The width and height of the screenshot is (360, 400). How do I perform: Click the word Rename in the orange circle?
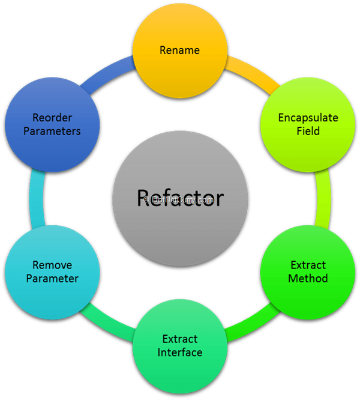(x=179, y=50)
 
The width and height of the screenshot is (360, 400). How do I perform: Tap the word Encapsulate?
(x=308, y=118)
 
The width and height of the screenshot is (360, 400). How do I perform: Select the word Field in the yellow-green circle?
(x=308, y=131)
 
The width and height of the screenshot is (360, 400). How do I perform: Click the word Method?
(x=308, y=278)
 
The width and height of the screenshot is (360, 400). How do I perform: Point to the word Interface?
(x=179, y=352)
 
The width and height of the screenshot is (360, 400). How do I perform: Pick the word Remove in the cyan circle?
(x=52, y=265)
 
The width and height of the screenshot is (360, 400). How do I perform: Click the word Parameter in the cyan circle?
(x=52, y=278)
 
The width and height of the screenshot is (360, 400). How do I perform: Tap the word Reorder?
(x=52, y=118)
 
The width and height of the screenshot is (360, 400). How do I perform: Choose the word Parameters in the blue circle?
(x=52, y=131)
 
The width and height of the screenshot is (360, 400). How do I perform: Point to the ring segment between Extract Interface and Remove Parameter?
(x=108, y=325)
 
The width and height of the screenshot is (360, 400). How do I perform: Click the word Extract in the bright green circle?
(x=308, y=265)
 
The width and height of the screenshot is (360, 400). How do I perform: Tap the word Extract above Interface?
(x=179, y=339)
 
